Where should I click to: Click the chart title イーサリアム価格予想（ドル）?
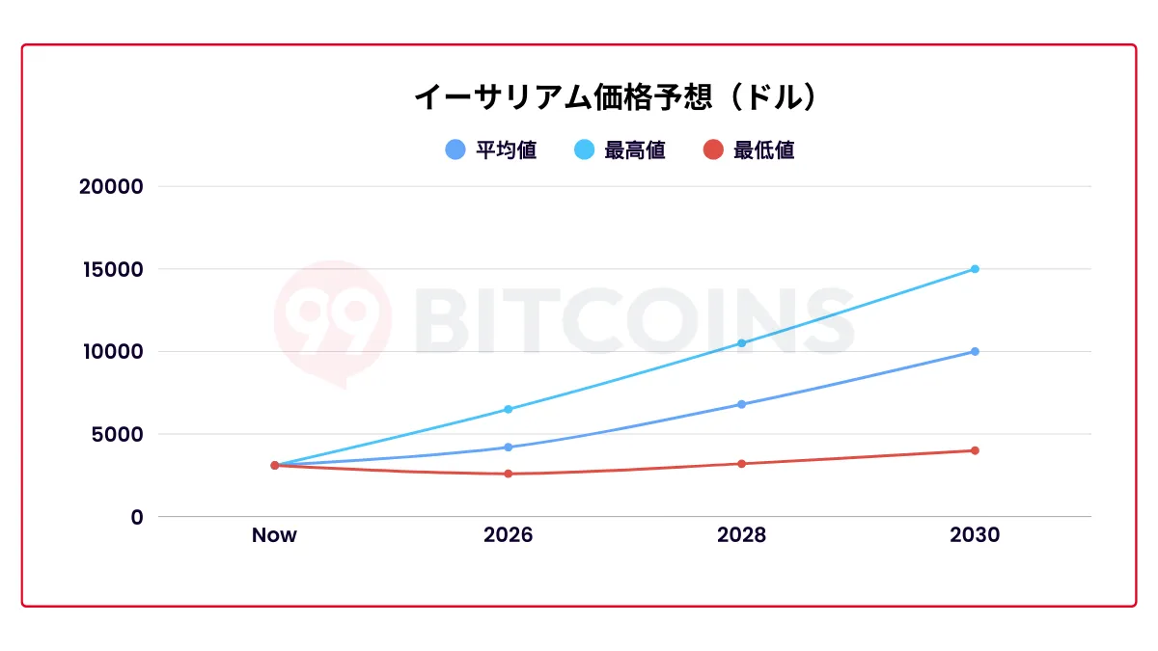pos(616,97)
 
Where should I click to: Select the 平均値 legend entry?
pos(491,150)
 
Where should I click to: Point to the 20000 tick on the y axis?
pos(110,186)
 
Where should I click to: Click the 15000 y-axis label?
pos(110,269)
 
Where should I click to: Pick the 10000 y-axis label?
pos(110,351)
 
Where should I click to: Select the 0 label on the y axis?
pos(137,517)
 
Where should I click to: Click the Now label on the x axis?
pos(274,535)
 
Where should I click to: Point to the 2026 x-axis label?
pos(508,535)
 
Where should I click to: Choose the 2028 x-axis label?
pos(741,535)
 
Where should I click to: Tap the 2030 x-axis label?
pos(975,535)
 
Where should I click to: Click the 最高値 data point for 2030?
pos(975,269)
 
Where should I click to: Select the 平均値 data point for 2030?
pos(975,351)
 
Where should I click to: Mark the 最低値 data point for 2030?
pos(975,450)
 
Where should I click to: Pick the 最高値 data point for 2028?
pos(741,343)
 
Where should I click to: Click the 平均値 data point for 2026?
pos(508,448)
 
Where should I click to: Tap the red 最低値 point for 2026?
pos(508,474)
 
